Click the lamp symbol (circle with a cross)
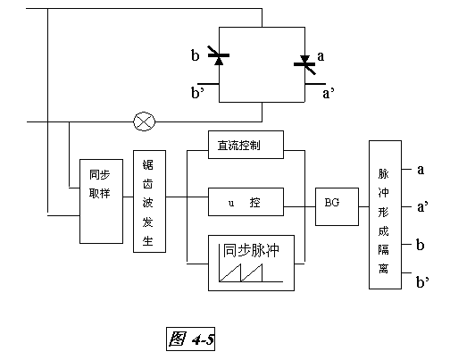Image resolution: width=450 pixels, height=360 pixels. [x=142, y=121]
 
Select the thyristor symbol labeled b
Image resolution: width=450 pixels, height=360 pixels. [x=219, y=58]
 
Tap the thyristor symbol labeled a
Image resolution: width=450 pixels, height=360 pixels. [x=306, y=63]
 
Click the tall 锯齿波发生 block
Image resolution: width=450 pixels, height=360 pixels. [x=149, y=201]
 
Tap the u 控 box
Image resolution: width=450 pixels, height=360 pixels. [x=245, y=202]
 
